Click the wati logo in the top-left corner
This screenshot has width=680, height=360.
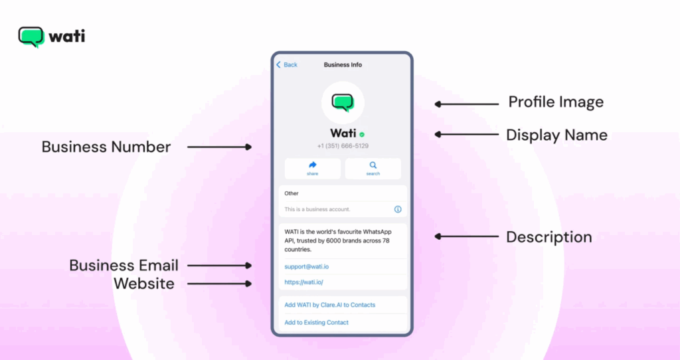[x=52, y=37]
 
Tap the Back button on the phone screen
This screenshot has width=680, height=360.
[x=287, y=64]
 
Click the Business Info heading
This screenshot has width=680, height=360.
[x=343, y=64]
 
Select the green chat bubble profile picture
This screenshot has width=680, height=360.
[x=343, y=103]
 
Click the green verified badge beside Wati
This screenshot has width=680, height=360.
[x=362, y=134]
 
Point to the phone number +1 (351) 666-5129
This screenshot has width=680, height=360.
[x=343, y=146]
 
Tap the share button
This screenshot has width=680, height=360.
[x=312, y=168]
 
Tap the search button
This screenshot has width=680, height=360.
[x=373, y=168]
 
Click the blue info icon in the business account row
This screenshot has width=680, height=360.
[x=398, y=209]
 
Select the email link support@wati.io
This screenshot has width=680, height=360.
[x=307, y=267]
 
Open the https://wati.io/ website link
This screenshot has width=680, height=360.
[x=303, y=282]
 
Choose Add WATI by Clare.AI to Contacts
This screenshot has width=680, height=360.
[x=329, y=305]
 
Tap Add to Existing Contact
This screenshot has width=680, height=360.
[x=316, y=323]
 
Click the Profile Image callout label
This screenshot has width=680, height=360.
[x=556, y=102]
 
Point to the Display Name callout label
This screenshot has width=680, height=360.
[x=557, y=135]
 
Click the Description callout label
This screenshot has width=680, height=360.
[x=549, y=237]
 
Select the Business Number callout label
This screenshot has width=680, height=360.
[x=106, y=147]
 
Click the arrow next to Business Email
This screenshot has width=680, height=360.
[x=219, y=266]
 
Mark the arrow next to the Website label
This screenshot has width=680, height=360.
[x=219, y=284]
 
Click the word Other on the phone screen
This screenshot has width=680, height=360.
[x=292, y=193]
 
